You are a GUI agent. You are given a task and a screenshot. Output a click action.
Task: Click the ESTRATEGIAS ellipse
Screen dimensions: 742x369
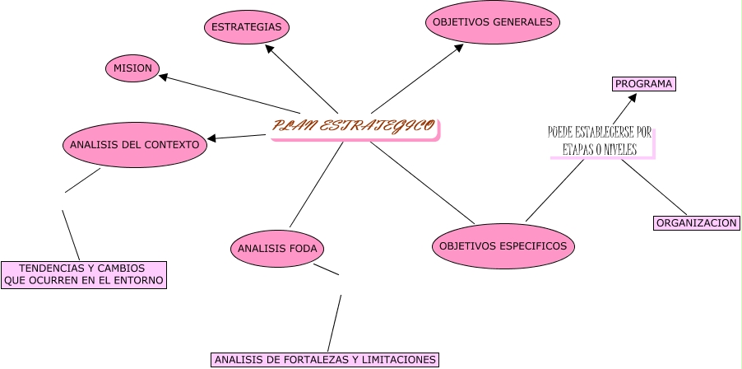[246, 27]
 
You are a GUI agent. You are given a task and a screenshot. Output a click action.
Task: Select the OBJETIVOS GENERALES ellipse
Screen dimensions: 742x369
[493, 22]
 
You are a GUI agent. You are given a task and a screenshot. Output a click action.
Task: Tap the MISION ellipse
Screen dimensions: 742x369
[132, 68]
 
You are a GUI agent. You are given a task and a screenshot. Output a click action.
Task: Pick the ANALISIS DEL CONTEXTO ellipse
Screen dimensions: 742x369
[134, 145]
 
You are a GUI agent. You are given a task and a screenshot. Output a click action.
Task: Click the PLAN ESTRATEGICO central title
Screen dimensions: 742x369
[355, 127]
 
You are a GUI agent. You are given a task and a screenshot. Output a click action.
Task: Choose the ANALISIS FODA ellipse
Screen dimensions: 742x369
[277, 248]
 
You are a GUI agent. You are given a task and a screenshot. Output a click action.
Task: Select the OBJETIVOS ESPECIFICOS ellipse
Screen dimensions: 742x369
[503, 245]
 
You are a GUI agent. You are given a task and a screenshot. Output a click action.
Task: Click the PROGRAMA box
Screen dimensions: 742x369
[644, 84]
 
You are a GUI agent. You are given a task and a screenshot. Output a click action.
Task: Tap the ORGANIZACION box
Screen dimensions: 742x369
[696, 222]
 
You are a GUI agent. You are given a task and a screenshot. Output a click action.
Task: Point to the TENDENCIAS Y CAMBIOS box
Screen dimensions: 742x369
[83, 274]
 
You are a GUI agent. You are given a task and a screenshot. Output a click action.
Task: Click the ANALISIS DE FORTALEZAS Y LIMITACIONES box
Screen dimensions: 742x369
[324, 359]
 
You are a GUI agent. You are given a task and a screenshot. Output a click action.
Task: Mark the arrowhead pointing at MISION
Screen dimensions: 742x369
[165, 77]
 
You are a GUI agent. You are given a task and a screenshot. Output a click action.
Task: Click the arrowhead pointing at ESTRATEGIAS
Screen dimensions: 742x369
[269, 49]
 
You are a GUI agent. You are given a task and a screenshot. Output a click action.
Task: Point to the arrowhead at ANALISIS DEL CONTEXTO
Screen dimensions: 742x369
[212, 138]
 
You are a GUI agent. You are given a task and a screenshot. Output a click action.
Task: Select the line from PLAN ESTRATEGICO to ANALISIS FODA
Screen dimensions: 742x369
[316, 185]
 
